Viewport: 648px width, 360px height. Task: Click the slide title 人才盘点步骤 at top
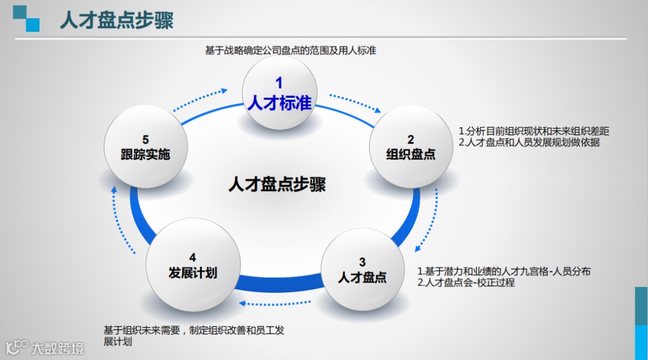(116, 20)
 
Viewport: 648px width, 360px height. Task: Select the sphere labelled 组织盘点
(410, 147)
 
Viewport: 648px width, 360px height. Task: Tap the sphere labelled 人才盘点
(362, 270)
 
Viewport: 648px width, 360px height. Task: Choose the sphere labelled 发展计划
(193, 265)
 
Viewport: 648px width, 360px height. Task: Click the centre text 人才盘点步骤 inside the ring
(277, 184)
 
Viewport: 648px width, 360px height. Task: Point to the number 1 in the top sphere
(279, 83)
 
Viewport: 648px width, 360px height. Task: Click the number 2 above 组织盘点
(411, 139)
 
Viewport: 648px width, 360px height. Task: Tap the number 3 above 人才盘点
(362, 262)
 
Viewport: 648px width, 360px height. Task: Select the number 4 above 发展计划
(193, 257)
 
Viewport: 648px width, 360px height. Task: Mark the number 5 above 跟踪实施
(145, 140)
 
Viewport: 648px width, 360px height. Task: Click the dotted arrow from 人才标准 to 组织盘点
(355, 102)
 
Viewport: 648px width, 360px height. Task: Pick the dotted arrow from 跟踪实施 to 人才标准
(200, 100)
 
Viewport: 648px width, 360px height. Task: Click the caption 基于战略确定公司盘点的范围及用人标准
(290, 50)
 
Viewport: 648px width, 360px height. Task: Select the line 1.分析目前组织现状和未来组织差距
(534, 131)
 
